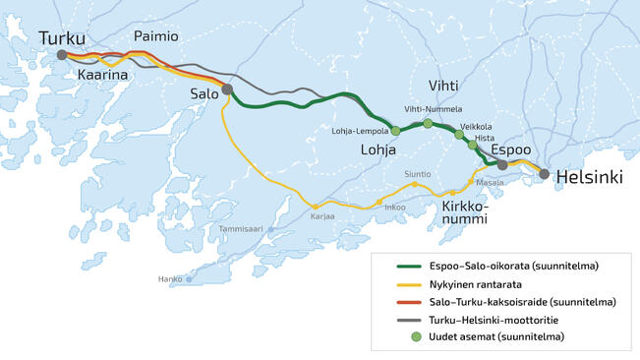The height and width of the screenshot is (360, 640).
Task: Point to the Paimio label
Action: pyautogui.click(x=156, y=36)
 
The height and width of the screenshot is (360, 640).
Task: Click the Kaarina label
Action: pyautogui.click(x=103, y=74)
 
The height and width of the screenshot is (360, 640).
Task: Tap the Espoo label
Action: pyautogui.click(x=511, y=150)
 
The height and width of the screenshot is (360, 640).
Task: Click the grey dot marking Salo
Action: pyautogui.click(x=227, y=89)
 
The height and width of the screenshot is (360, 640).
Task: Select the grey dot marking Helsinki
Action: pyautogui.click(x=544, y=174)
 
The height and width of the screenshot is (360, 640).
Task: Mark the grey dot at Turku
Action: pyautogui.click(x=61, y=55)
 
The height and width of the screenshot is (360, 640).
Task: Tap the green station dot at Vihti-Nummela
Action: pyautogui.click(x=428, y=123)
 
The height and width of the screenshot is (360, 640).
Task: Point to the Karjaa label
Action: pyautogui.click(x=322, y=216)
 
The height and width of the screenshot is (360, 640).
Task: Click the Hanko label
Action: pyautogui.click(x=170, y=279)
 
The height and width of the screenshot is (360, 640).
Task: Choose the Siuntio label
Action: pyautogui.click(x=417, y=174)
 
